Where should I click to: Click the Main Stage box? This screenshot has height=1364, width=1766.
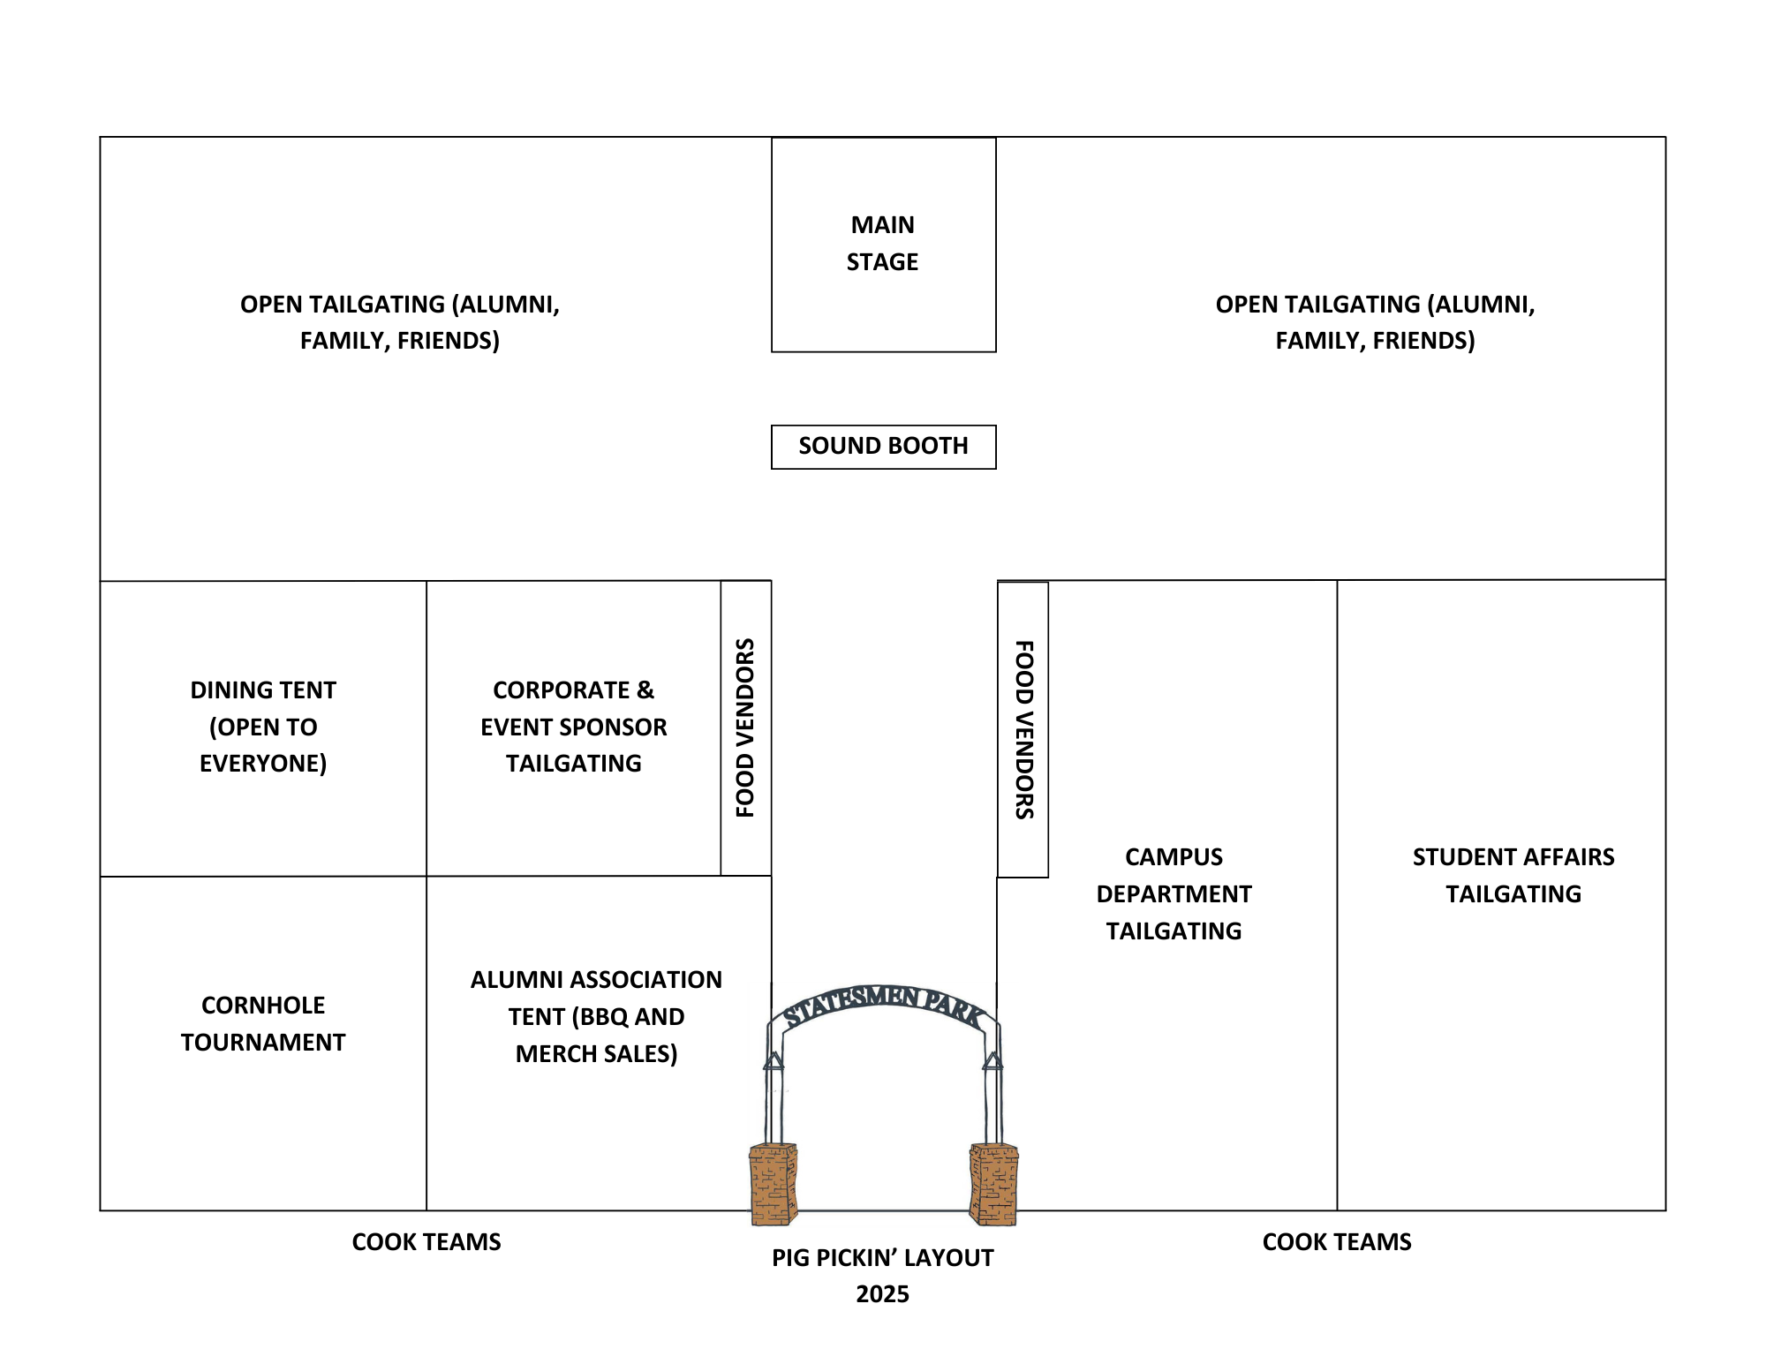tap(883, 244)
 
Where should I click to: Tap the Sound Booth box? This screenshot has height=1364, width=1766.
tap(883, 447)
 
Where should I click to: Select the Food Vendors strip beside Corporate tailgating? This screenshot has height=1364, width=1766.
tap(746, 728)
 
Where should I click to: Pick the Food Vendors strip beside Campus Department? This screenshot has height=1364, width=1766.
tap(1023, 729)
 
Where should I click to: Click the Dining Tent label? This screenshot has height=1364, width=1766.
tap(263, 727)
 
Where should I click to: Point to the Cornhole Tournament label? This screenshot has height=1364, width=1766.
tap(263, 1024)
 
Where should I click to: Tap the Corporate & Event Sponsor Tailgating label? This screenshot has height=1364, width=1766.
tap(574, 727)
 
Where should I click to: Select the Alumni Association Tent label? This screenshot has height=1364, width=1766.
tap(596, 1016)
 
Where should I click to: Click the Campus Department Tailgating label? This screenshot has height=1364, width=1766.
tap(1174, 893)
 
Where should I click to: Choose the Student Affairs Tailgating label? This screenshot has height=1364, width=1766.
tap(1513, 875)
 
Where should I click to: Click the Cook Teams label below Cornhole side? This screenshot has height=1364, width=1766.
tap(426, 1242)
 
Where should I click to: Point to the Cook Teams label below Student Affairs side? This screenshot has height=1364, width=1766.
tap(1337, 1242)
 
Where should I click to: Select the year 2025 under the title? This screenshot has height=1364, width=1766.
tap(882, 1294)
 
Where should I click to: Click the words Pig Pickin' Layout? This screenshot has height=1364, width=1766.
tap(882, 1258)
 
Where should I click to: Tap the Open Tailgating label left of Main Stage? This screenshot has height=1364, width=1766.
tap(400, 322)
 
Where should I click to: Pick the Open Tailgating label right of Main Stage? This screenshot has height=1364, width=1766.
tap(1375, 322)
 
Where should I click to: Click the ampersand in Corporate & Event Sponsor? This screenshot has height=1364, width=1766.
tap(645, 690)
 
